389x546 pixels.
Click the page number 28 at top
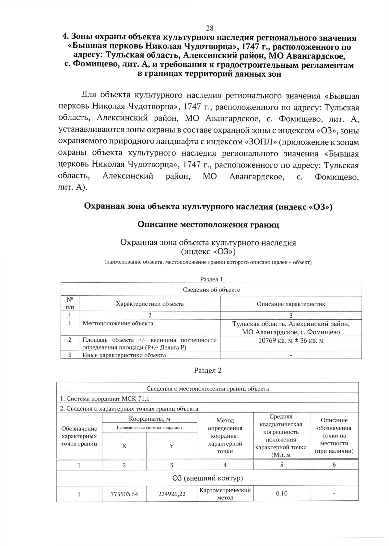pyautogui.click(x=209, y=28)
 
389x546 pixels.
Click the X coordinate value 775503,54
pyautogui.click(x=124, y=494)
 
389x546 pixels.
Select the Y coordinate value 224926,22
pyautogui.click(x=172, y=494)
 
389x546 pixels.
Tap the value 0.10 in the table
pyautogui.click(x=281, y=494)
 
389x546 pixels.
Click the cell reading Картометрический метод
pyautogui.click(x=225, y=494)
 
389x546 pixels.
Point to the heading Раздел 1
pyautogui.click(x=211, y=279)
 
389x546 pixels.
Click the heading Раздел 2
pyautogui.click(x=208, y=370)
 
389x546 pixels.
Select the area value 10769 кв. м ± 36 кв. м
pyautogui.click(x=291, y=340)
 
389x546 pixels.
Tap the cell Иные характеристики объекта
pyautogui.click(x=124, y=355)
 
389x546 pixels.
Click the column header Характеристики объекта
pyautogui.click(x=150, y=304)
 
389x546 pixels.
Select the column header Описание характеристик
pyautogui.click(x=291, y=304)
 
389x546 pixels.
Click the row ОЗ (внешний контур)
pyautogui.click(x=207, y=478)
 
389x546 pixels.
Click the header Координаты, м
pyautogui.click(x=149, y=419)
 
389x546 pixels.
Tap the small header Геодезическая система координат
pyautogui.click(x=149, y=427)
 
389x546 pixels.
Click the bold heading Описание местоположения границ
pyautogui.click(x=208, y=224)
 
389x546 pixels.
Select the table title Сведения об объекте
pyautogui.click(x=211, y=290)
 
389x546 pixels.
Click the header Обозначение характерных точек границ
pyautogui.click(x=79, y=436)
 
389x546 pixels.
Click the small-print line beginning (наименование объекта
pyautogui.click(x=208, y=262)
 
